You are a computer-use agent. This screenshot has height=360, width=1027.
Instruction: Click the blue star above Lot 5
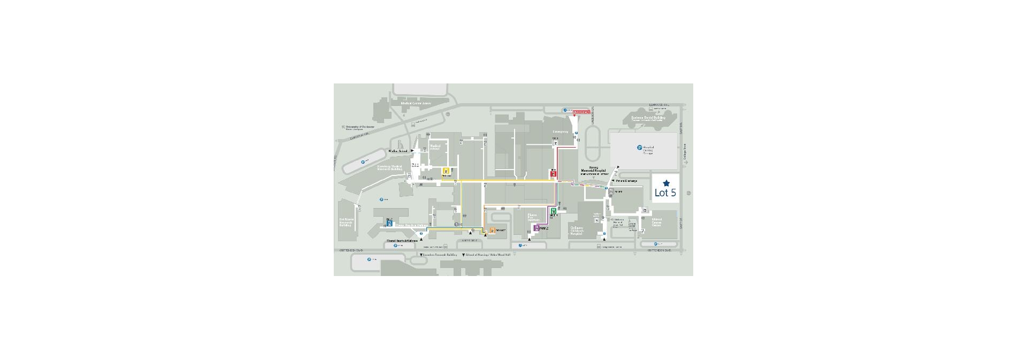(x=666, y=183)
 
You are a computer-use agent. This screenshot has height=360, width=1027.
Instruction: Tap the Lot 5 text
(x=665, y=193)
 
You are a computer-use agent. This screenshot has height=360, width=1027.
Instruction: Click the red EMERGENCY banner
(x=581, y=112)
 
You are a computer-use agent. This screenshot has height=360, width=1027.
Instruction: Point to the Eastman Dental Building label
(x=648, y=118)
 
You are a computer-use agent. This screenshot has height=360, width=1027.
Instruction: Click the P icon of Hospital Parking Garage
(x=639, y=148)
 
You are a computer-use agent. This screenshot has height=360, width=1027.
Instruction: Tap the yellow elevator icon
(x=446, y=172)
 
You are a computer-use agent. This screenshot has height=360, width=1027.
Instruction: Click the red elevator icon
(x=554, y=173)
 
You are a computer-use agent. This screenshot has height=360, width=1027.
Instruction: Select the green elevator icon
(x=554, y=211)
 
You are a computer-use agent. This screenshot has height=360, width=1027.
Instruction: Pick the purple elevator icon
(x=537, y=228)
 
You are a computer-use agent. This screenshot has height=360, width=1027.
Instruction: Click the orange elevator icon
(x=492, y=230)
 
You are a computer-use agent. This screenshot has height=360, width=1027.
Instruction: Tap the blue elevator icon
(x=389, y=223)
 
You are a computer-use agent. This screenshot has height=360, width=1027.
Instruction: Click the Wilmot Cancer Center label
(x=657, y=221)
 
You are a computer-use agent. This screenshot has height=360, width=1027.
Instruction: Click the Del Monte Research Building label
(x=346, y=222)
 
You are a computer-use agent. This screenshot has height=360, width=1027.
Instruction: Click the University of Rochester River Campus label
(x=362, y=128)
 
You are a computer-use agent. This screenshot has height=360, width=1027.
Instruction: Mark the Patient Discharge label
(x=626, y=181)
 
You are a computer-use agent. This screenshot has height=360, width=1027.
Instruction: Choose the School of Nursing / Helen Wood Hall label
(x=487, y=255)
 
